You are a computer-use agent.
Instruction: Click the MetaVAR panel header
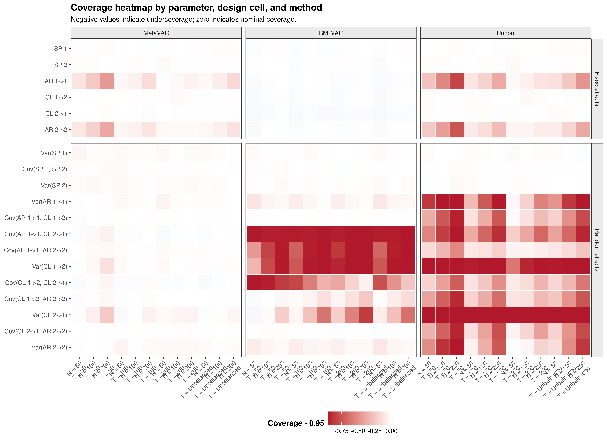coord(156,33)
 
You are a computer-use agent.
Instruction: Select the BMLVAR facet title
coord(331,33)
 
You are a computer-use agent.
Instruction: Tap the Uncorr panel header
coord(506,33)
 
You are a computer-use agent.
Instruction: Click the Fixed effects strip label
coord(597,89)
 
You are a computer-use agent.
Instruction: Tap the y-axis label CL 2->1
coord(56,113)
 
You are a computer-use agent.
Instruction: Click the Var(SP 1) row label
coord(54,153)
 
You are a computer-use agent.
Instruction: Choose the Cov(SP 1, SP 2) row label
coord(45,169)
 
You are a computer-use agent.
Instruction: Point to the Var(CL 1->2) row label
coord(49,266)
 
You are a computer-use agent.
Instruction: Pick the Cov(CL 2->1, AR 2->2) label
coord(36,331)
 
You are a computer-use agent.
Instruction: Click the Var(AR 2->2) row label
coord(49,347)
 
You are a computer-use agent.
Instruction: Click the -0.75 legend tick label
coord(341,431)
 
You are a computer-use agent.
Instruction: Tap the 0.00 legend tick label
coord(391,431)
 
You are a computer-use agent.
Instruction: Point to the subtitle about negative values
coord(183,19)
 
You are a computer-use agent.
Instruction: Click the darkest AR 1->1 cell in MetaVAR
coord(107,81)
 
